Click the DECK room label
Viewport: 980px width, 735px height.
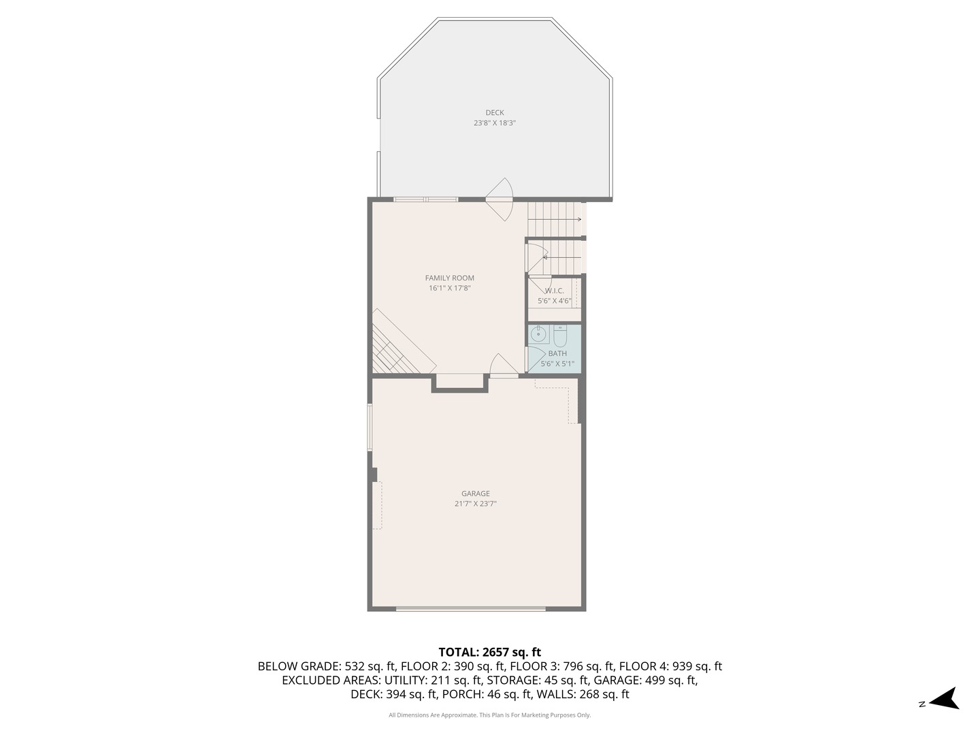(x=495, y=113)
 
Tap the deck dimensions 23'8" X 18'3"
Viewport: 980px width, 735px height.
(x=495, y=123)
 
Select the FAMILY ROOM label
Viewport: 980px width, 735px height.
(x=450, y=278)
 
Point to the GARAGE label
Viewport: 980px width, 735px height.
(x=476, y=494)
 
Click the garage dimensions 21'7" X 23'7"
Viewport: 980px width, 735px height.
(x=476, y=504)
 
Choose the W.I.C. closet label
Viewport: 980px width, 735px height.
(x=554, y=291)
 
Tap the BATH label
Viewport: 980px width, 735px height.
(x=557, y=353)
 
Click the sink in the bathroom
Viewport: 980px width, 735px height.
(x=539, y=334)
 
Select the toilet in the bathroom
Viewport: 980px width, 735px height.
(x=560, y=336)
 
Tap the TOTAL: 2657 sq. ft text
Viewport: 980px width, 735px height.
(x=489, y=653)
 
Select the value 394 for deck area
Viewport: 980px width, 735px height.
(x=399, y=695)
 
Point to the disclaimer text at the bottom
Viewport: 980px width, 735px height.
(x=489, y=715)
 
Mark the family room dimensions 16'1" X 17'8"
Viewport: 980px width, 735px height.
(x=450, y=288)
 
